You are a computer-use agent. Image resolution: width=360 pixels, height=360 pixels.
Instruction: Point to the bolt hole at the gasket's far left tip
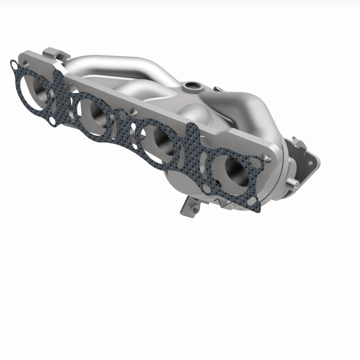(13, 64)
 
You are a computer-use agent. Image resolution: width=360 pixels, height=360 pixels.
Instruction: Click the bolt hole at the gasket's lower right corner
(253, 201)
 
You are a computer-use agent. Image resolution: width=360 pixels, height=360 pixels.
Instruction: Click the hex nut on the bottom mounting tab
(192, 208)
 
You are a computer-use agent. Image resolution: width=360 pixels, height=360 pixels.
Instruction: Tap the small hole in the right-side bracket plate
(310, 162)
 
